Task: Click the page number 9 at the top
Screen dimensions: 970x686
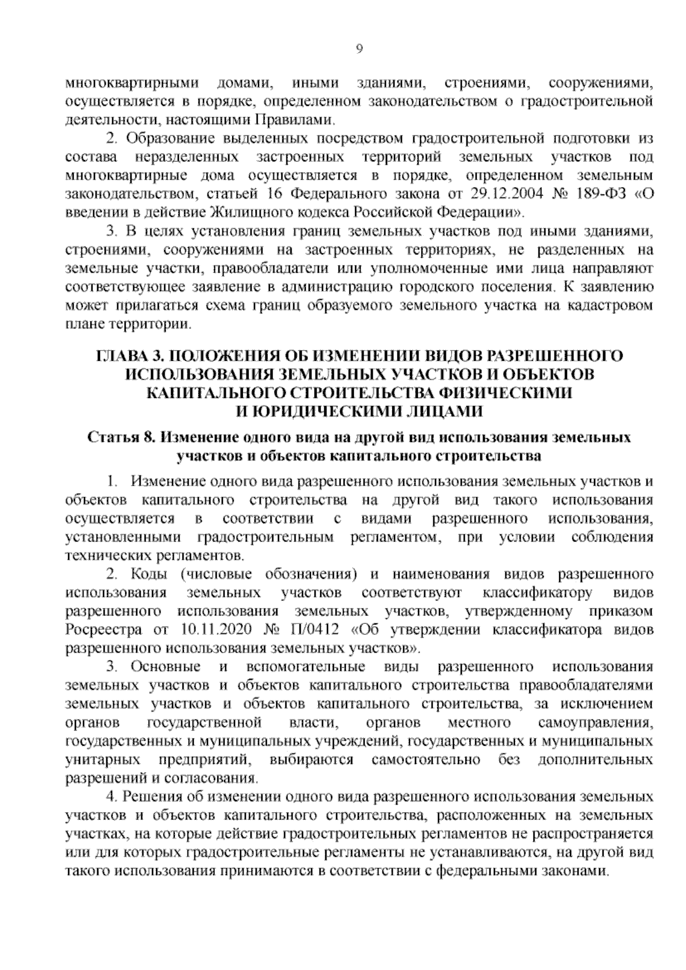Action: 359,49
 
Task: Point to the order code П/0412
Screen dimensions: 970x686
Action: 317,630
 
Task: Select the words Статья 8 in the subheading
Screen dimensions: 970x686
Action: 121,438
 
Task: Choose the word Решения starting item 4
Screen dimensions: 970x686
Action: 151,797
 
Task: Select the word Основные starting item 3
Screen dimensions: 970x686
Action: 165,667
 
